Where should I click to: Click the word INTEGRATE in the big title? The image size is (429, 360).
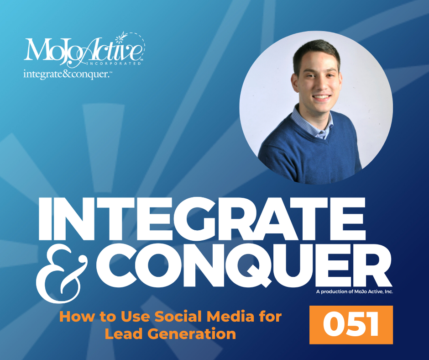202,218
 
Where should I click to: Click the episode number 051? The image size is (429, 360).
351,325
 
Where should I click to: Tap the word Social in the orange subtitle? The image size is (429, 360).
178,317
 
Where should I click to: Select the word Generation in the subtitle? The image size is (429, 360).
192,334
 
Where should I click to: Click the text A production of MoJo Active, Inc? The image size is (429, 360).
355,291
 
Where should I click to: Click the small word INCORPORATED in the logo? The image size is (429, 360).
113,64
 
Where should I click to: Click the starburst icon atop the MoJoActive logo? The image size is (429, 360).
120,38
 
